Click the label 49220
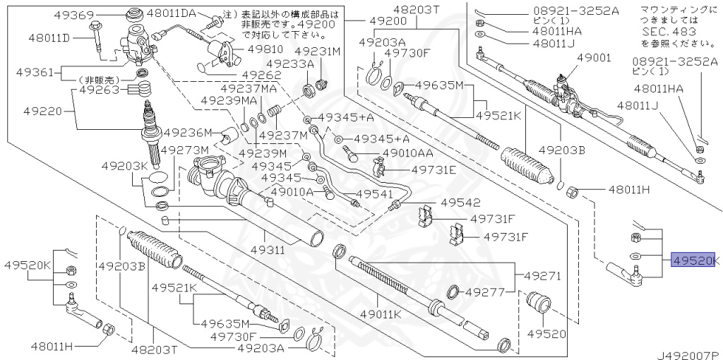pos(43,111)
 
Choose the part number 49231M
pos(318,51)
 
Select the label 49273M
pos(184,150)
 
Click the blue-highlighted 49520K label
pos(694,260)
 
